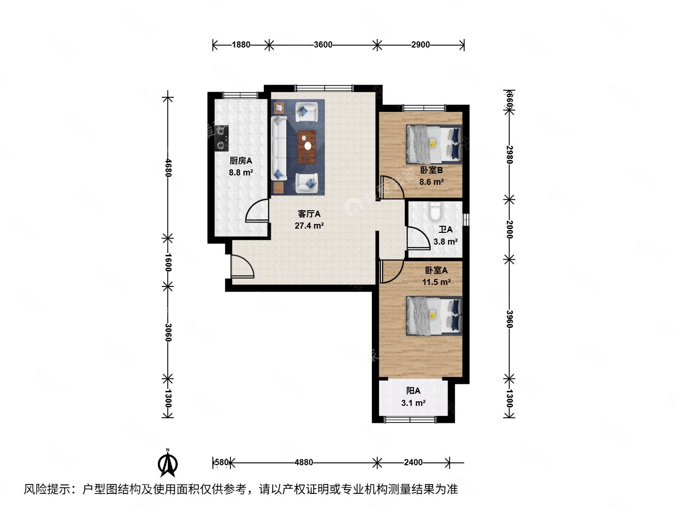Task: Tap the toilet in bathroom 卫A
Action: pos(435,212)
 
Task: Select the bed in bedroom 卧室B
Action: pos(434,144)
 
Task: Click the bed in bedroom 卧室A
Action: pos(434,316)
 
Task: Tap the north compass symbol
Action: pos(167,463)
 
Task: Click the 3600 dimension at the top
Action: pos(323,45)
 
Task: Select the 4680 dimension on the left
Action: pos(168,168)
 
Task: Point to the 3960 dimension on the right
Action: pos(509,319)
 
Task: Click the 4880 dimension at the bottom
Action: pos(304,462)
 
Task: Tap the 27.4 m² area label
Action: pos(309,226)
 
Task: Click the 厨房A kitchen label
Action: pos(241,161)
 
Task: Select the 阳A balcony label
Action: pos(413,391)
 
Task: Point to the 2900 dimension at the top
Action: pos(420,45)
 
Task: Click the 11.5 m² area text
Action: pos(436,282)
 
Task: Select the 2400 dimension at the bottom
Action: pos(413,462)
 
